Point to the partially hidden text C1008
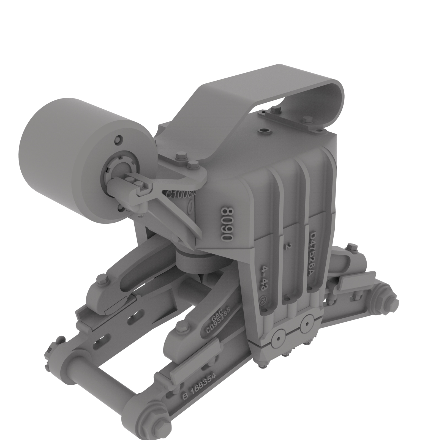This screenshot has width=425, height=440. click(181, 194)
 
